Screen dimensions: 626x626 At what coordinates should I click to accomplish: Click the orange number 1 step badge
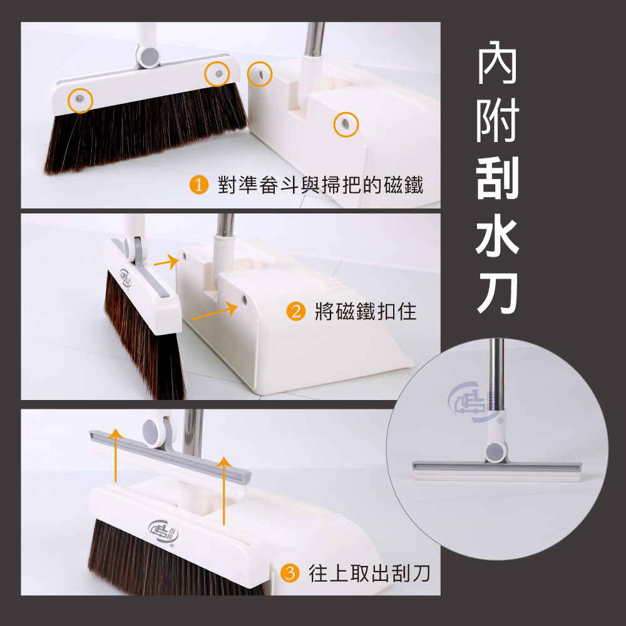(x=198, y=186)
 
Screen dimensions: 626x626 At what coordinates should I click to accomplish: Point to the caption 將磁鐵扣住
(x=366, y=311)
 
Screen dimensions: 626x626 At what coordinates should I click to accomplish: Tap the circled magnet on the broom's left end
(x=80, y=100)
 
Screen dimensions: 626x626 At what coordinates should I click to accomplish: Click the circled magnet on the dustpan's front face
(x=343, y=124)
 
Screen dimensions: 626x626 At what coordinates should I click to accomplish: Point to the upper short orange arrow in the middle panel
(x=164, y=263)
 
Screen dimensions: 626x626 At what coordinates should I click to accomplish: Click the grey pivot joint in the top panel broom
(x=149, y=58)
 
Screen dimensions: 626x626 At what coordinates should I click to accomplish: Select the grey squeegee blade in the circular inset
(x=496, y=468)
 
